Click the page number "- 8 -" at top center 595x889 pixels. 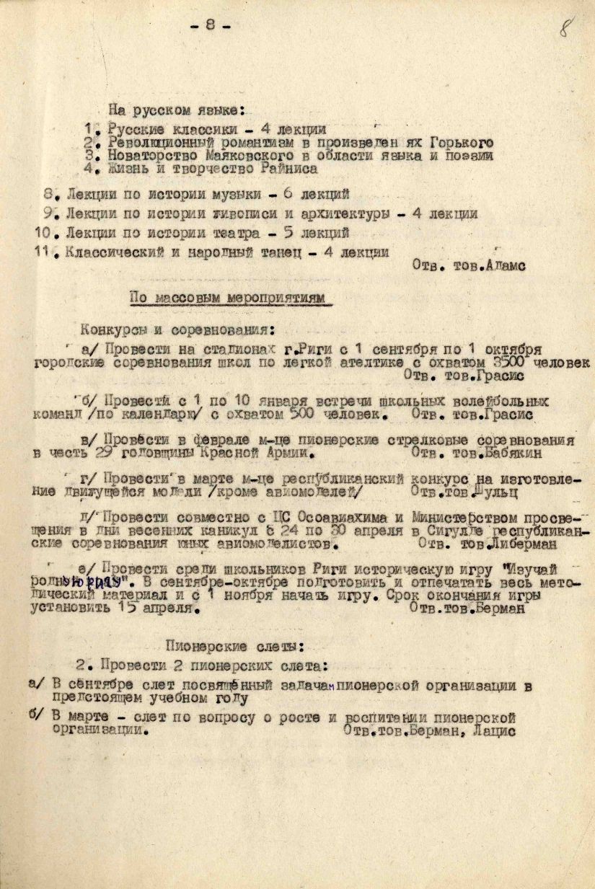pyautogui.click(x=210, y=25)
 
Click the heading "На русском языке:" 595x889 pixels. pyautogui.click(x=177, y=111)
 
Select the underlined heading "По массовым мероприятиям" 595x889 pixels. pyautogui.click(x=227, y=298)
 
